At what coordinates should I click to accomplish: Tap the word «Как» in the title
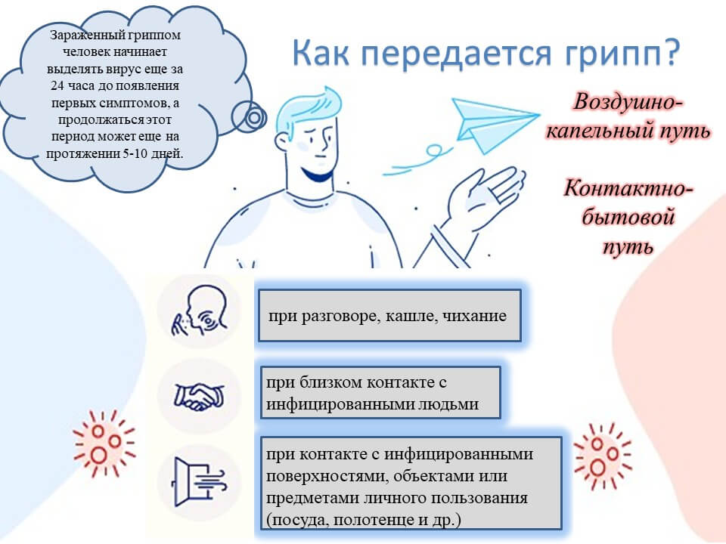click(321, 52)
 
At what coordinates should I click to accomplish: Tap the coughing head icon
click(200, 310)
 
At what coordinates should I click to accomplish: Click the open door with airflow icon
click(199, 482)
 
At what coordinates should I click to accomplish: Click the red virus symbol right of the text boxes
click(603, 455)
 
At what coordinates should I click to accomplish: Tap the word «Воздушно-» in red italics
click(628, 102)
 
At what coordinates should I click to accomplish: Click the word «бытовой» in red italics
click(628, 217)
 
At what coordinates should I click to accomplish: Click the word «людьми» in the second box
click(448, 403)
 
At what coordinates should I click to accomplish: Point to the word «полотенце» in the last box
click(373, 520)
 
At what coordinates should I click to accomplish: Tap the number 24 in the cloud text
click(57, 86)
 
